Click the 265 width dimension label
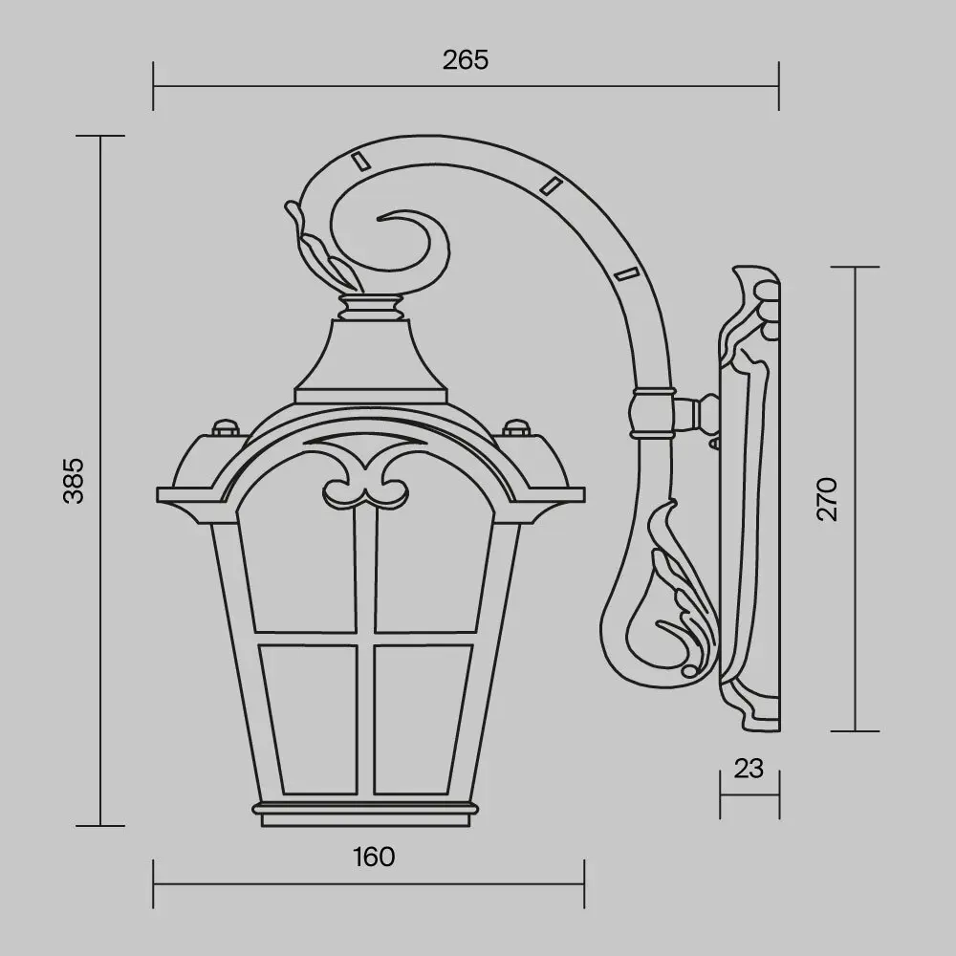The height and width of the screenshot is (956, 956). [x=466, y=59]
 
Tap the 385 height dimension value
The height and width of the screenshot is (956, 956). [x=75, y=481]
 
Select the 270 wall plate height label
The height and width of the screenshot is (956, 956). [x=827, y=498]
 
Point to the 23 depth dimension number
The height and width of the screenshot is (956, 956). [x=750, y=768]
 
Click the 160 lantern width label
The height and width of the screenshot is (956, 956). [x=373, y=857]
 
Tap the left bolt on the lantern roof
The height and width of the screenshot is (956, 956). [x=226, y=427]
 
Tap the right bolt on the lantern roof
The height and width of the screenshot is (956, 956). [x=516, y=427]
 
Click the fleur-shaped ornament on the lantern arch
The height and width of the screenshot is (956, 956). [x=366, y=483]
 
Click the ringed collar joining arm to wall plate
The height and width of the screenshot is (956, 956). [x=654, y=412]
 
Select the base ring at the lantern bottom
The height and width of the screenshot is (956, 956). [x=366, y=810]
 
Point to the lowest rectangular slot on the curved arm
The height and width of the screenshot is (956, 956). [x=625, y=274]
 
